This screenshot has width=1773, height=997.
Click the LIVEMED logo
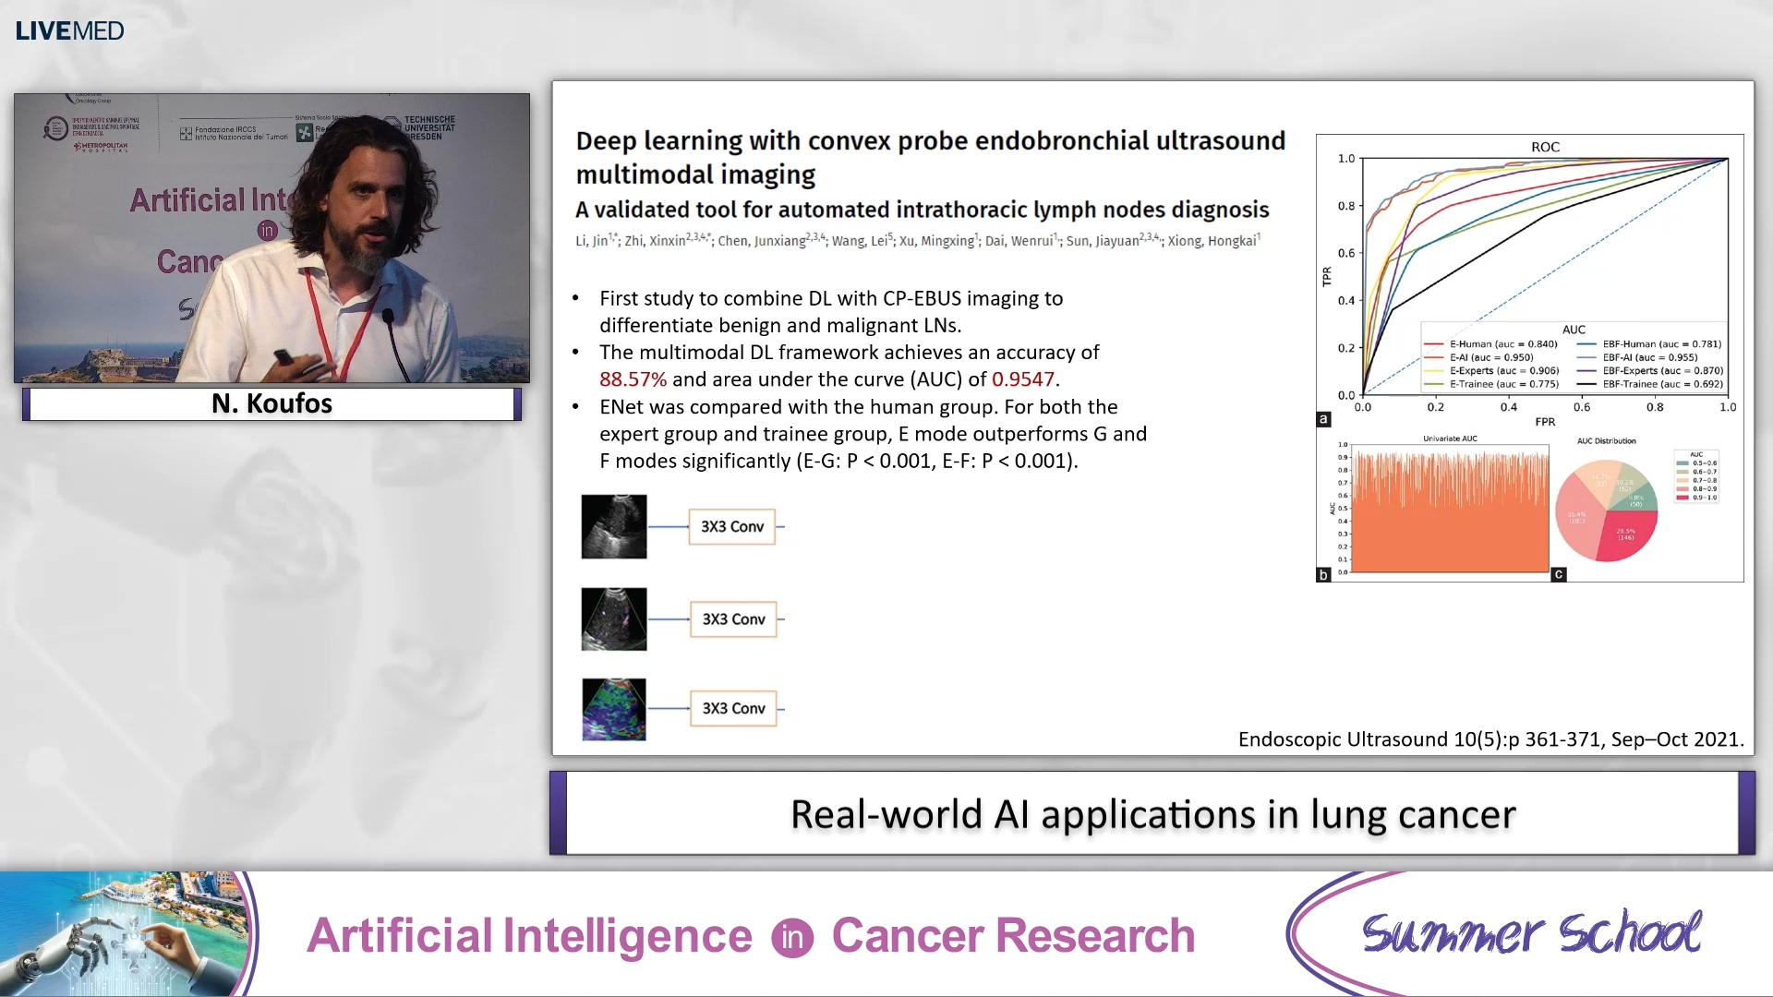pos(69,30)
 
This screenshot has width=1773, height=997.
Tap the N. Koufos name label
pos(271,403)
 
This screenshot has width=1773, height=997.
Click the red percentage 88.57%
pos(633,379)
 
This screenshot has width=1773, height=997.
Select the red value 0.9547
pos(1023,379)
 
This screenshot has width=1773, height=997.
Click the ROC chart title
pos(1545,147)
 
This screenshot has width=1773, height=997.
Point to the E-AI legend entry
pos(1490,357)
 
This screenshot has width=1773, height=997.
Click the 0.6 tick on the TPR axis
pos(1346,253)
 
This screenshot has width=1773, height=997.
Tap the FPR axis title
pos(1545,422)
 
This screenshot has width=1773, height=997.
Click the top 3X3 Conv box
pos(731,526)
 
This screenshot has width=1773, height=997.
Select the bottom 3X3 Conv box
pos(733,708)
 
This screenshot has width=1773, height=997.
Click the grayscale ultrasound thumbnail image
pos(614,526)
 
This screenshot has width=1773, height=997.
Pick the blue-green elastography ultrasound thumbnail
pos(614,709)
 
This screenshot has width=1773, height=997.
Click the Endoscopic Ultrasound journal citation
pos(1490,739)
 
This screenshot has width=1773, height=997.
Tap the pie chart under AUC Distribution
pos(1606,511)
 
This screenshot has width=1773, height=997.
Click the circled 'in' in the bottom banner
pos(792,938)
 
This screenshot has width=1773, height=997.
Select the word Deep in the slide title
pos(607,141)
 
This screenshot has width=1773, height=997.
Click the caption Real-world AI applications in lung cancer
pos(1152,814)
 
